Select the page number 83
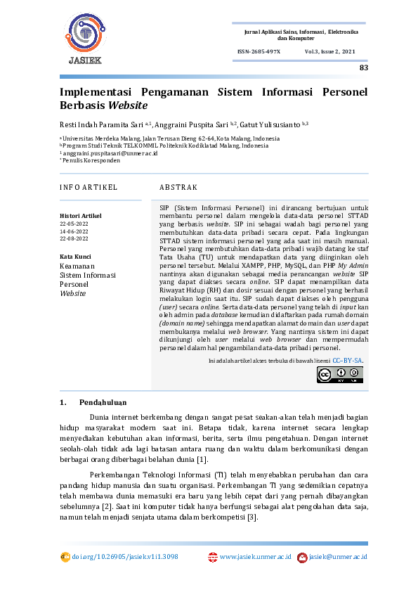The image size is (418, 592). tap(363, 68)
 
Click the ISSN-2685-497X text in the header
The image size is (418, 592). tap(259, 52)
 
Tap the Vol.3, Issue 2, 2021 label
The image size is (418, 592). tap(330, 52)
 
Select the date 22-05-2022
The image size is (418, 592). tap(74, 223)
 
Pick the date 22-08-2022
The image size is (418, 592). tap(74, 238)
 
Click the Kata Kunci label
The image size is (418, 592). tap(75, 257)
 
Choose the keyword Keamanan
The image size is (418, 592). tap(77, 266)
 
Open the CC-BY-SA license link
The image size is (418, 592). tap(347, 360)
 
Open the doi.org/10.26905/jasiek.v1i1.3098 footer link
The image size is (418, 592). tap(124, 557)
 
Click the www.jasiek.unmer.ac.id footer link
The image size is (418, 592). tap(256, 557)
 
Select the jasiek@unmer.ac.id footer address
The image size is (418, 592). tap(338, 557)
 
